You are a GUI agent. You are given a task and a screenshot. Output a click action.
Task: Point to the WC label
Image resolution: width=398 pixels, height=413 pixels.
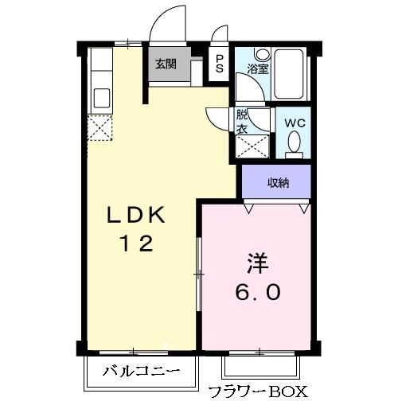[x=295, y=123]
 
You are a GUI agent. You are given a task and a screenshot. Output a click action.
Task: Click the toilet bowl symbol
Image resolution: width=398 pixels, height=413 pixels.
[x=294, y=143]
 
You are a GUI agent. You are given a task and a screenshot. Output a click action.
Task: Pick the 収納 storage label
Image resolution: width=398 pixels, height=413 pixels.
[x=278, y=182]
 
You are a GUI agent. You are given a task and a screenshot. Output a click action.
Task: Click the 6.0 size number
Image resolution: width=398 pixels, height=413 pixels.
[x=256, y=293]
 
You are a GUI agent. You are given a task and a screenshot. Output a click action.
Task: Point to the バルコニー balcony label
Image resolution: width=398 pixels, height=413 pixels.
[x=139, y=370]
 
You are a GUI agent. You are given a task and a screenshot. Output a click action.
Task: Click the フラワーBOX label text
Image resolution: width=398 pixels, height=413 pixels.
[x=256, y=392]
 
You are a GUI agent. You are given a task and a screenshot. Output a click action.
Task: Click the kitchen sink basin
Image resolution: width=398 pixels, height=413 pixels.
[x=102, y=97]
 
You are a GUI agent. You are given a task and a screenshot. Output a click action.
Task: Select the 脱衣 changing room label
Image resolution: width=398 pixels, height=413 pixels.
[x=241, y=121]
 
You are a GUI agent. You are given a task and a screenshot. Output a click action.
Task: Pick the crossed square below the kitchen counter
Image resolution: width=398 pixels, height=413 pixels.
[x=100, y=128]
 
